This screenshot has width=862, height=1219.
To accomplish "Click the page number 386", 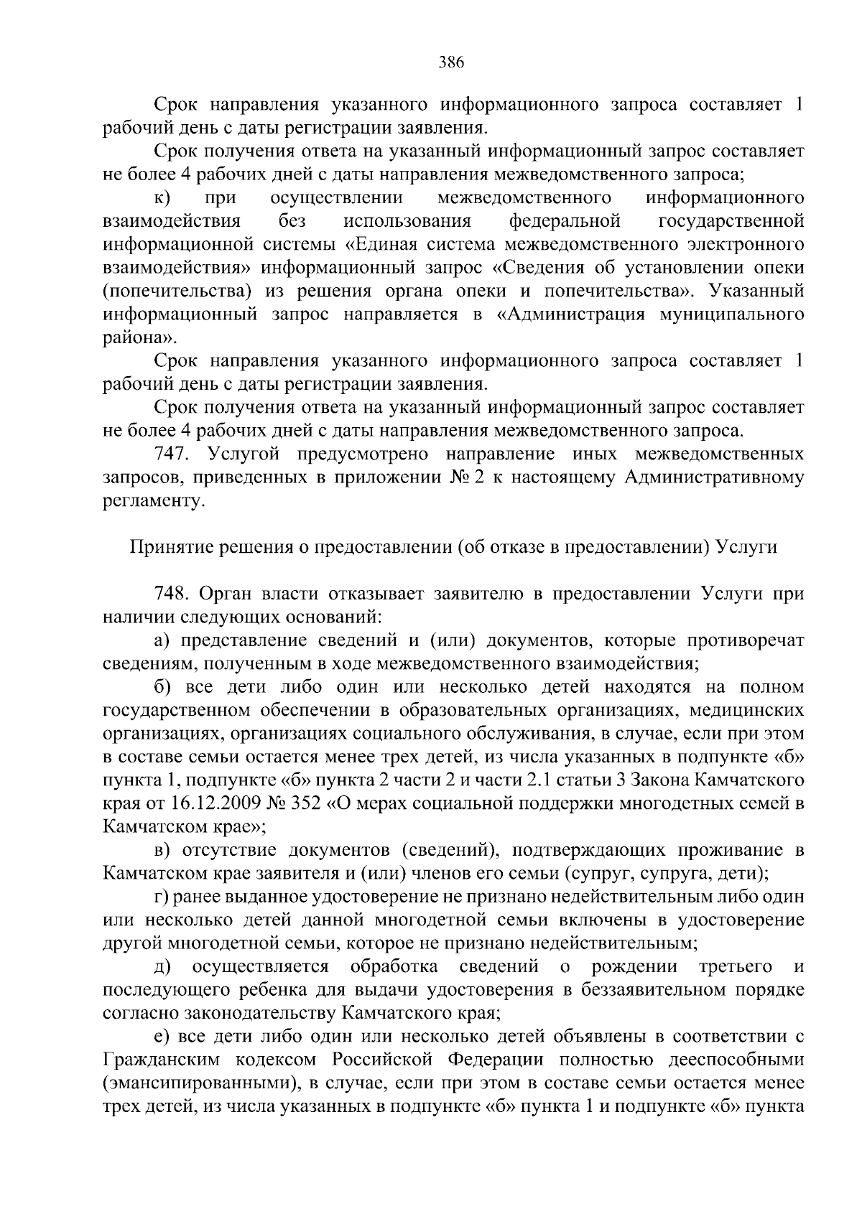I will [452, 62].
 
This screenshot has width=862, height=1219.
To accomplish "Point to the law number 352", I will [305, 804].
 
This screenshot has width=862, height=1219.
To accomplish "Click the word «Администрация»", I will [572, 314].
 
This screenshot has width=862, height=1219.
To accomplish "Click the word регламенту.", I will [154, 501].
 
